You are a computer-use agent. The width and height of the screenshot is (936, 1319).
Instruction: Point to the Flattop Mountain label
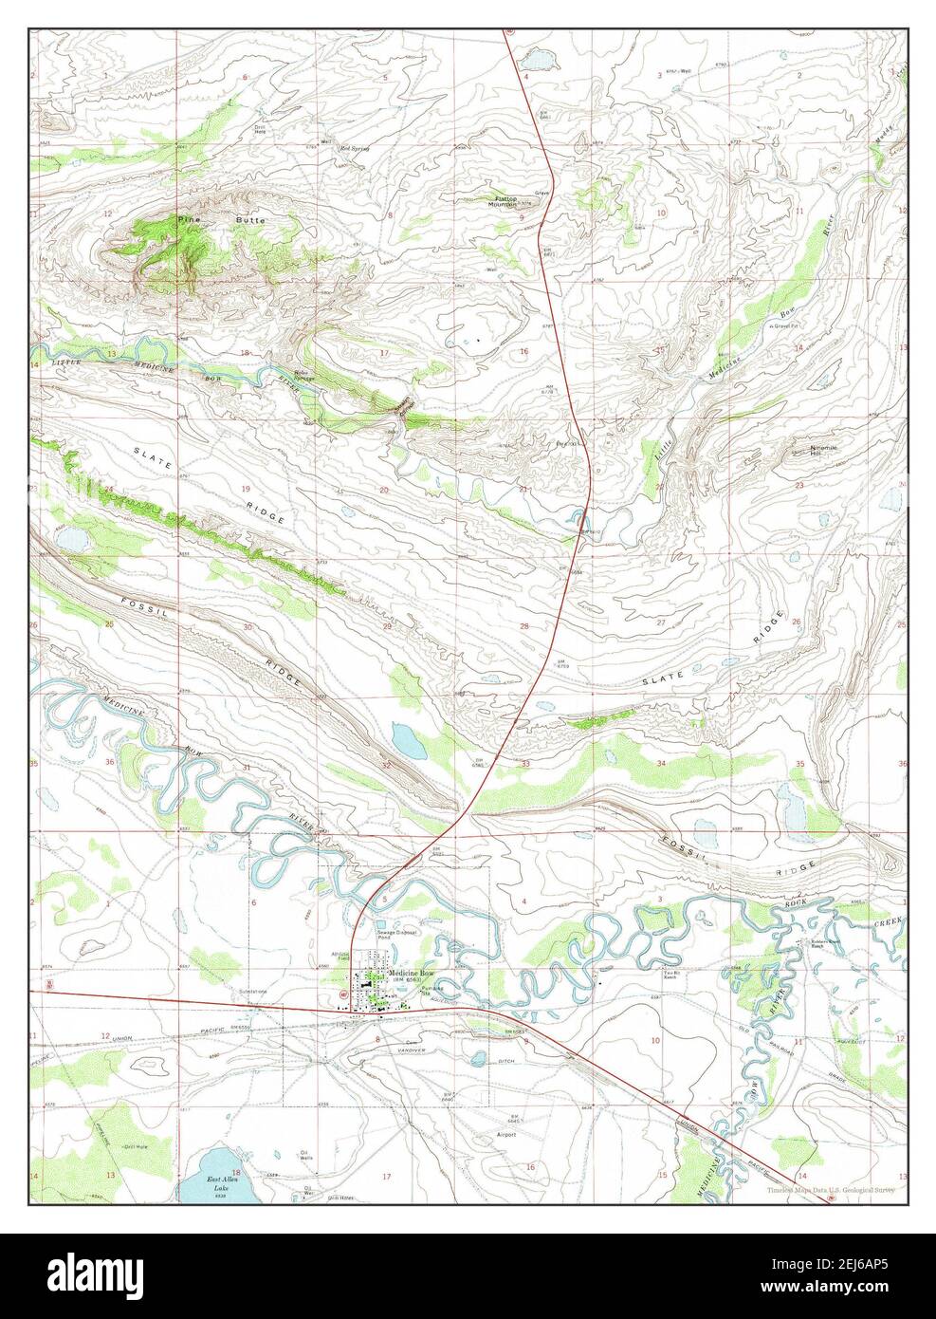point(502,201)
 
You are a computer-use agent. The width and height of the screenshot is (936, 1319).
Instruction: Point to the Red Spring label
point(354,149)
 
